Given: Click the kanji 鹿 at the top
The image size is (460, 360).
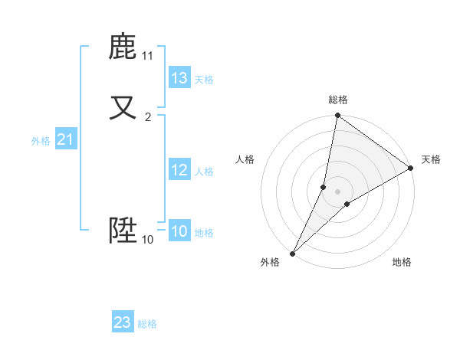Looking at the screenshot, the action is (123, 47).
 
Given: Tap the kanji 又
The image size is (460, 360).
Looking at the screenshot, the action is (123, 107).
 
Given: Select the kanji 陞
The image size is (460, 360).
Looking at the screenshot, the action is (123, 230).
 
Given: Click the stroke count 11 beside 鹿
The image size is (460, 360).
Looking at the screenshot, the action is (148, 56).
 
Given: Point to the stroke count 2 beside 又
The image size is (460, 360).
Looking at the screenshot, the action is (148, 117).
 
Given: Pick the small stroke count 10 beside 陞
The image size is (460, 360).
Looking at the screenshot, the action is (148, 240).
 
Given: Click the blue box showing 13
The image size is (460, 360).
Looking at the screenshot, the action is (179, 78).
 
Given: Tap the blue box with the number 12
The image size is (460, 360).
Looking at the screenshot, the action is (179, 170).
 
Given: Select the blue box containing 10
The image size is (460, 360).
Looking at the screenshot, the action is (179, 231).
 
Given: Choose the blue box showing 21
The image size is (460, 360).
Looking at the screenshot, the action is (64, 139).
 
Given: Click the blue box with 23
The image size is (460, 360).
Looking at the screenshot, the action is (123, 322).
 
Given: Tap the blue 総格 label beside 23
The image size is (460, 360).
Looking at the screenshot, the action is (147, 324).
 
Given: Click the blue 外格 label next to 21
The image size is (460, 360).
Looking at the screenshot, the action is (41, 141).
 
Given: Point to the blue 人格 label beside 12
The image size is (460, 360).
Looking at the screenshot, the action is (204, 172).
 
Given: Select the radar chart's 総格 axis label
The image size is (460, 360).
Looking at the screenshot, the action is (338, 100).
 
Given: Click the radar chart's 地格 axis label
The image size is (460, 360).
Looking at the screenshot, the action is (402, 263).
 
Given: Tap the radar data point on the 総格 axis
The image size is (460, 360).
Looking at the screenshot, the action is (337, 116).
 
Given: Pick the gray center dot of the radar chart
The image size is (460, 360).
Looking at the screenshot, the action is (338, 191).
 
